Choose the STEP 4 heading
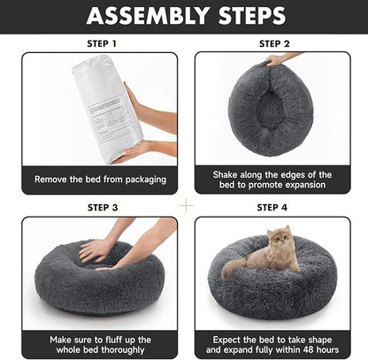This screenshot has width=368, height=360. click(272, 207)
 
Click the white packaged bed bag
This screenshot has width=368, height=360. click(105, 106)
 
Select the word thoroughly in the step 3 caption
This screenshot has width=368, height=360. click(121, 351)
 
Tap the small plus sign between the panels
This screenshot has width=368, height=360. click(186, 204)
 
